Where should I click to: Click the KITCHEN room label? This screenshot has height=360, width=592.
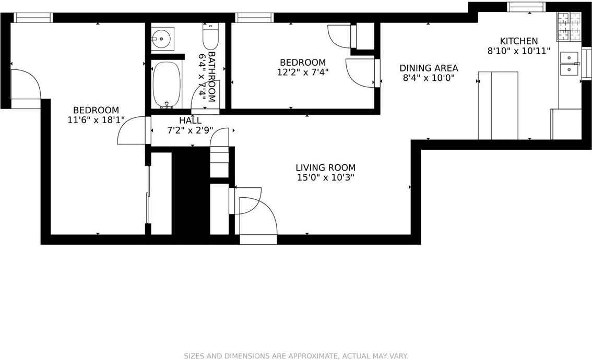518,41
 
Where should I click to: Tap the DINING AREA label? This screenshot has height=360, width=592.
429,68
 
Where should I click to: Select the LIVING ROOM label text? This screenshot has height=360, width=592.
325,167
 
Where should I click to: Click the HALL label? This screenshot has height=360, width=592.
190,121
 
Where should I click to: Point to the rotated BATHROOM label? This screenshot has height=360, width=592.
212,76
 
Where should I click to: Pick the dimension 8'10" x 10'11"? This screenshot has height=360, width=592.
518,51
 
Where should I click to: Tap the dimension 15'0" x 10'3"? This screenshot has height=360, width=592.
325,177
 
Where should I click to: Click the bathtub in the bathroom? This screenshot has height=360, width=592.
167,83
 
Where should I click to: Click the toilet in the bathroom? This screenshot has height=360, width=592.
210,37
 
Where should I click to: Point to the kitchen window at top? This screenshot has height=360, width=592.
526,7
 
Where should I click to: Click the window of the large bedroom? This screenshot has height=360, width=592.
33,18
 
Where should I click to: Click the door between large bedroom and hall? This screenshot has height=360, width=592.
134,130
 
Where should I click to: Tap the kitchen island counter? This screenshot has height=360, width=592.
498,106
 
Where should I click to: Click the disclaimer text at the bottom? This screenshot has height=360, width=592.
295,356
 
